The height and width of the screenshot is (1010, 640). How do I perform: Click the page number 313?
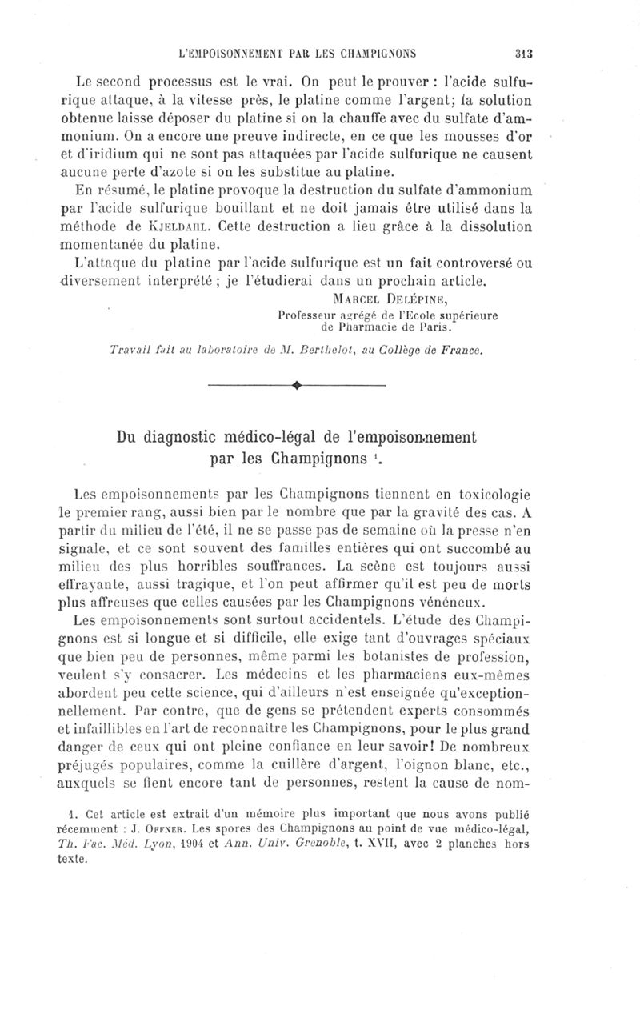524,54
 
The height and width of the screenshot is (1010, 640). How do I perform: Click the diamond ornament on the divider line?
297,386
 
